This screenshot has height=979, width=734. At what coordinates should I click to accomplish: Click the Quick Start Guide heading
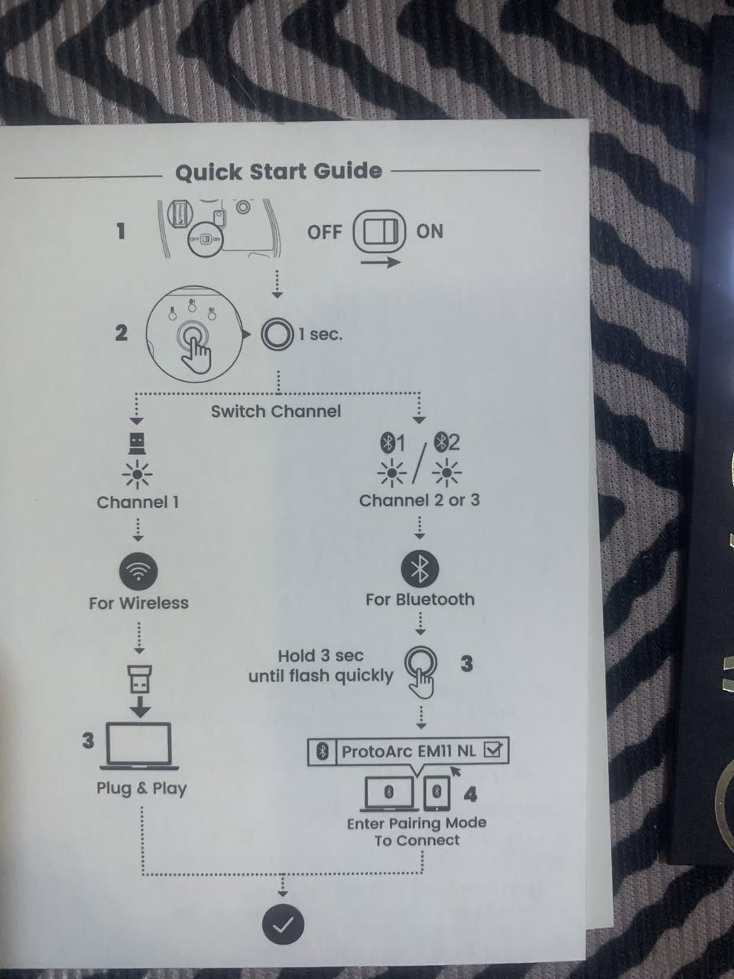click(x=278, y=171)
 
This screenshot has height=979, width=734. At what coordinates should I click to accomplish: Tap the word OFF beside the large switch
click(x=324, y=232)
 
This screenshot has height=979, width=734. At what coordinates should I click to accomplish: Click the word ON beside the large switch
click(x=429, y=232)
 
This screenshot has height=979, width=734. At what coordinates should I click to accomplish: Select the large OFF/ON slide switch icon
click(x=380, y=232)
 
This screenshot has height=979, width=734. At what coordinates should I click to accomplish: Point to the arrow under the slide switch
click(x=380, y=262)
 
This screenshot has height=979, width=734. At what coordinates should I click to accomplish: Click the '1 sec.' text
click(x=320, y=334)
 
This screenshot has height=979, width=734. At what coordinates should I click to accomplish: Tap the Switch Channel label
click(x=276, y=411)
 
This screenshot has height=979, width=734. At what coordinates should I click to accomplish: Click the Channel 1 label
click(x=138, y=503)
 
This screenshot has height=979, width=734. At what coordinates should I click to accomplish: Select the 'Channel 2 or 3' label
click(x=419, y=500)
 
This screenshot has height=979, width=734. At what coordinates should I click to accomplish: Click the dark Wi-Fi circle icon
click(x=138, y=572)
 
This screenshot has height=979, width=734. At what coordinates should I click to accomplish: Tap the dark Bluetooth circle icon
click(x=420, y=569)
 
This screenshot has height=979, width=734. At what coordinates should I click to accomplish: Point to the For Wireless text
click(x=138, y=603)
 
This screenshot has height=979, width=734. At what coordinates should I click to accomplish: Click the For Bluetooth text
click(x=420, y=600)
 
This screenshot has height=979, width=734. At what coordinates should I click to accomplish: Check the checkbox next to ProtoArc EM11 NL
click(x=493, y=751)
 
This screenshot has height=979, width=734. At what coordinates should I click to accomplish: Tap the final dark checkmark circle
click(x=283, y=925)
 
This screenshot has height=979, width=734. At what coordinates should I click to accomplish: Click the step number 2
click(x=122, y=333)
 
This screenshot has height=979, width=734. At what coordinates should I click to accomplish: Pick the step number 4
click(x=470, y=794)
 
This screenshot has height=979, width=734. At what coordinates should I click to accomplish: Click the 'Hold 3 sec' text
click(x=320, y=655)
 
